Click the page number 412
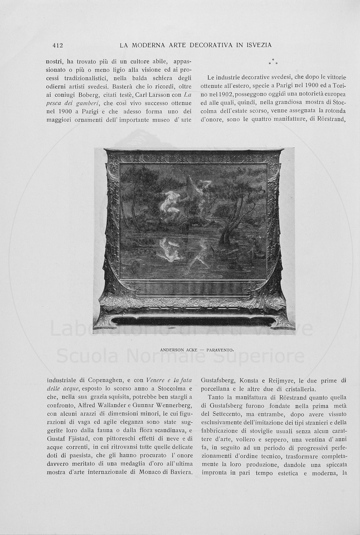coord(57,45)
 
